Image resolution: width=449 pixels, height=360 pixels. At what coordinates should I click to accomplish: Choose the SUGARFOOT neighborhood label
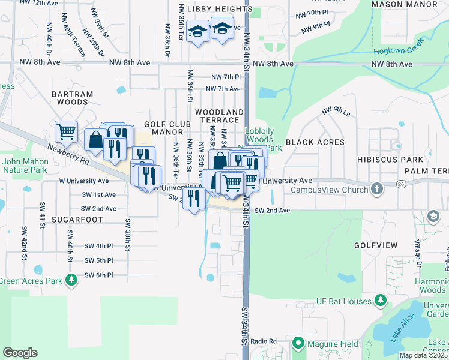[73, 221]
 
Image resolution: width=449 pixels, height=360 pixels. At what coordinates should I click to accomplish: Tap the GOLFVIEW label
[376, 246]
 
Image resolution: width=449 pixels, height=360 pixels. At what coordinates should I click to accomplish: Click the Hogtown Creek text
[399, 42]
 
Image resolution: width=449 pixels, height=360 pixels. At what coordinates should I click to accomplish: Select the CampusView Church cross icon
[376, 190]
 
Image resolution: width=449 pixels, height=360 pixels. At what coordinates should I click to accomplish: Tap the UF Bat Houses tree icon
[380, 299]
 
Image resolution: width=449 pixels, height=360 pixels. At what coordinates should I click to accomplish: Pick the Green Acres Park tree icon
[71, 280]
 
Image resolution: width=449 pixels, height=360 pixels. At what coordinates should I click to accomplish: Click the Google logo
[20, 353]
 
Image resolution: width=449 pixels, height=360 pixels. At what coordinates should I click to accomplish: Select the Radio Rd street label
[263, 341]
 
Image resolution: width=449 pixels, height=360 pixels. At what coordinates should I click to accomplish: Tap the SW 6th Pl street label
[98, 275]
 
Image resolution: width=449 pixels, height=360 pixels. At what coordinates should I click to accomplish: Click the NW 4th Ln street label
[335, 111]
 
